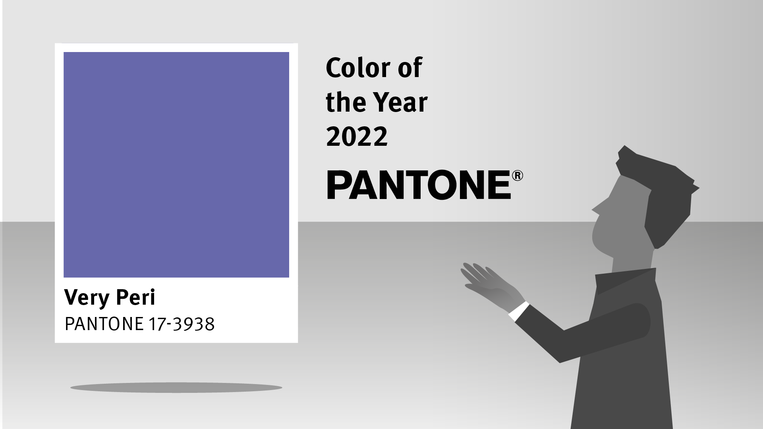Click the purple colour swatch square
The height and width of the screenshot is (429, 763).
click(176, 164)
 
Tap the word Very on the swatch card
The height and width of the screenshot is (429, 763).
click(85, 298)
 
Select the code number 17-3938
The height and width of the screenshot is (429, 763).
click(181, 324)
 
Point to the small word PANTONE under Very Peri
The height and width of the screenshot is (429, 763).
click(104, 324)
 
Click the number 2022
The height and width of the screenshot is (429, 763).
click(356, 136)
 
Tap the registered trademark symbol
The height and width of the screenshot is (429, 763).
click(518, 176)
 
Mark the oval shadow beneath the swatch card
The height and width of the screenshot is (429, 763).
click(176, 387)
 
